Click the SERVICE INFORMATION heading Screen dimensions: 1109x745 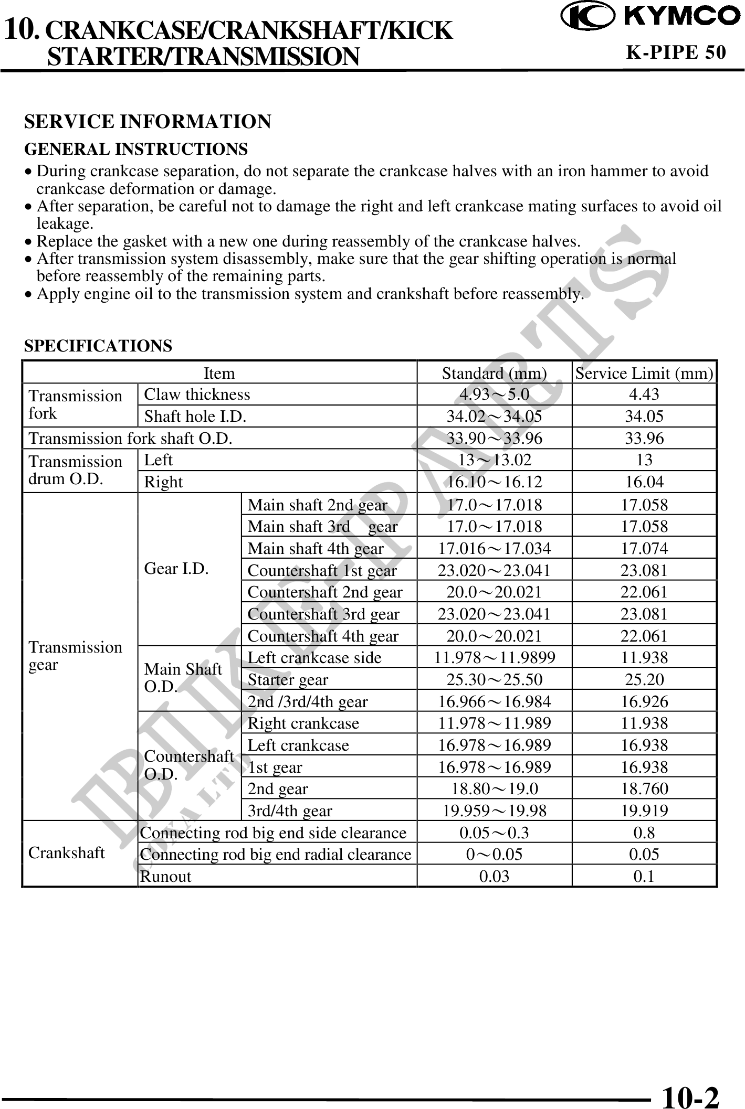coord(148,122)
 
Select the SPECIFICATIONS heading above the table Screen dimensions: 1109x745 coord(98,346)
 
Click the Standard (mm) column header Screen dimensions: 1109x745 coord(494,374)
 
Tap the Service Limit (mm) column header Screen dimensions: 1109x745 coord(644,374)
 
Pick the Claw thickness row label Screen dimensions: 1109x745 coord(197,394)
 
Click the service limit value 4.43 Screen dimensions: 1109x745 coord(644,394)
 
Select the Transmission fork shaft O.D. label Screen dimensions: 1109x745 coord(130,438)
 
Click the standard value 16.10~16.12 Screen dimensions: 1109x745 coord(494,482)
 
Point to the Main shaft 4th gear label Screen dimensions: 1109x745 coord(316,549)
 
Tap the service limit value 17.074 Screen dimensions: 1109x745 coord(644,549)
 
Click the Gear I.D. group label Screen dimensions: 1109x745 coord(176,569)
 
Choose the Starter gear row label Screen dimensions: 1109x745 coord(288,680)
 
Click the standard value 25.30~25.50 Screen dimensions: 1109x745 coord(494,680)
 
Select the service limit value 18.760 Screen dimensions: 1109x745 coord(644,788)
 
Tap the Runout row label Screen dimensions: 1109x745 coord(166,877)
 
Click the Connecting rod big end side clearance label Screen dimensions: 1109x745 coord(274,833)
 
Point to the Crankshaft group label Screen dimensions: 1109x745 coord(67,853)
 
